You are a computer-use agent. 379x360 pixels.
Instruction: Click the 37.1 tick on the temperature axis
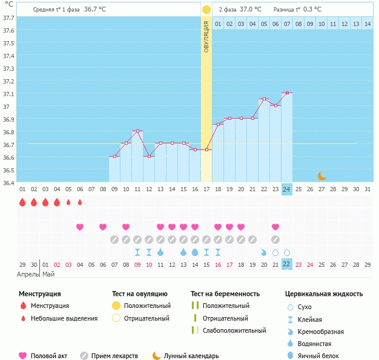pyautogui.click(x=9, y=94)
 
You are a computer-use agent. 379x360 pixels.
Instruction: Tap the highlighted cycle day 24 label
pyautogui.click(x=287, y=189)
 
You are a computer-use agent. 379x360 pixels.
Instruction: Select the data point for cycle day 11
pyautogui.click(x=138, y=131)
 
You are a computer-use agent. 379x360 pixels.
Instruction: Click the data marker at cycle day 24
pyautogui.click(x=287, y=93)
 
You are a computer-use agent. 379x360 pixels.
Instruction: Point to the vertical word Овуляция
pyautogui.click(x=206, y=36)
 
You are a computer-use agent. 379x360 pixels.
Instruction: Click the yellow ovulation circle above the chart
pyautogui.click(x=206, y=10)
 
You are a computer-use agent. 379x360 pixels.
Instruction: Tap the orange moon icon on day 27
pyautogui.click(x=322, y=176)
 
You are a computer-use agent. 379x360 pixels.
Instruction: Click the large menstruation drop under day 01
pyautogui.click(x=22, y=202)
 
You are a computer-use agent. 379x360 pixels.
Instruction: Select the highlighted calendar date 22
pyautogui.click(x=287, y=264)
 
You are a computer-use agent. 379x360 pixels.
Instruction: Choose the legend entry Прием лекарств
pyautogui.click(x=114, y=356)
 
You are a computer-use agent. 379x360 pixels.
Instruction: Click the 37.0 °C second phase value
pyautogui.click(x=250, y=9)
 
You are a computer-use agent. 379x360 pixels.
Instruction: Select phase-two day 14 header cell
pyautogui.click(x=367, y=24)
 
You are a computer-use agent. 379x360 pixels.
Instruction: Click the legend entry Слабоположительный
pyautogui.click(x=234, y=330)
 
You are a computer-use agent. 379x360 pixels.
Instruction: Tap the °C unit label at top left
pyautogui.click(x=8, y=5)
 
